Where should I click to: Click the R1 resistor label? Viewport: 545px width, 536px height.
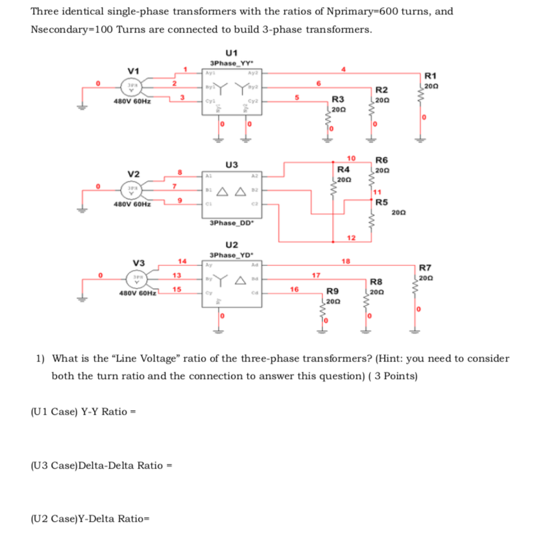click(x=430, y=76)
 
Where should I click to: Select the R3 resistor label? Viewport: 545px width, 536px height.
click(x=338, y=100)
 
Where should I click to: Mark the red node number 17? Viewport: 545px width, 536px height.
click(x=316, y=274)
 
